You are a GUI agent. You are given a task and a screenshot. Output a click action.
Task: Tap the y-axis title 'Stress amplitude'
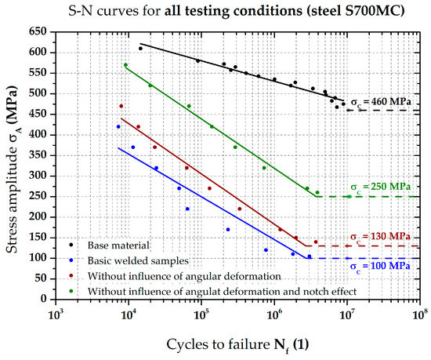pos(18,169)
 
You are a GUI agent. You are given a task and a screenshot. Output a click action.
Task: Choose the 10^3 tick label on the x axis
pos(55,314)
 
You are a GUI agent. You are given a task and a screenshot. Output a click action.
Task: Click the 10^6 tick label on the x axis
pos(274,314)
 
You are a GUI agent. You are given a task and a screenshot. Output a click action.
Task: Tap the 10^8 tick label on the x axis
pos(420,314)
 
